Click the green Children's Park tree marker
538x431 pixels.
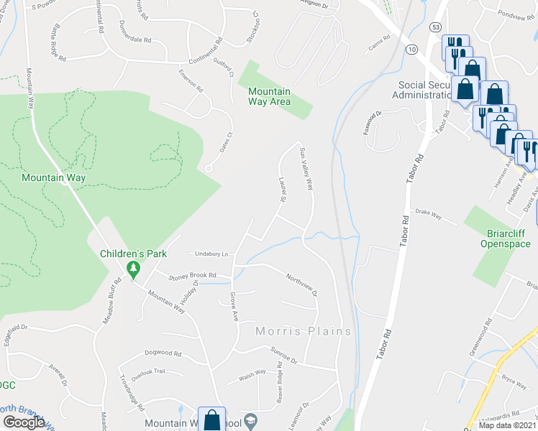tap(132, 269)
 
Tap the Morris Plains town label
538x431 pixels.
tap(304, 331)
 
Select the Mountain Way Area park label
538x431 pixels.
tap(269, 96)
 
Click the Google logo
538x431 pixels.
tap(24, 422)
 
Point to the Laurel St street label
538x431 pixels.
tap(281, 190)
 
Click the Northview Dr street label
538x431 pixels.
tap(301, 284)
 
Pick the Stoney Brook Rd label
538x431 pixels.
tap(192, 275)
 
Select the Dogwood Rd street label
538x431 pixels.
tap(163, 353)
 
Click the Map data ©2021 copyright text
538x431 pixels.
tap(507, 425)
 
